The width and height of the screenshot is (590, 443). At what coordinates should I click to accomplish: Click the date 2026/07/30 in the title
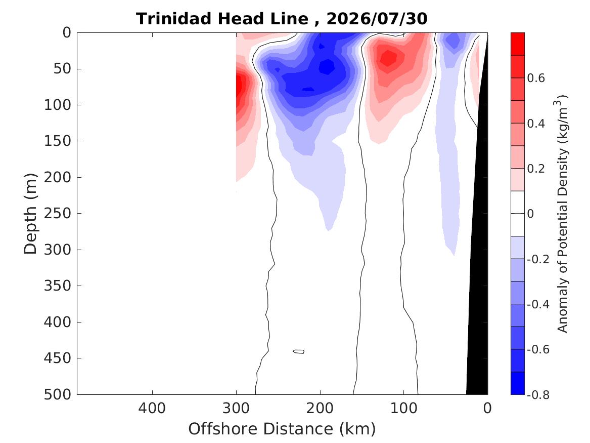click(x=377, y=19)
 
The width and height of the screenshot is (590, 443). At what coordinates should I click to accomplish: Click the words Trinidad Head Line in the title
click(x=222, y=19)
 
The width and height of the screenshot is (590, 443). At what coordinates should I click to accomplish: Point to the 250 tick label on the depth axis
click(x=58, y=214)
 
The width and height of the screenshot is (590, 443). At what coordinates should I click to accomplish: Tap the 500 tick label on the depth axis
click(x=58, y=394)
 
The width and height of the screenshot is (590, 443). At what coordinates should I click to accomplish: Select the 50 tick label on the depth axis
click(x=62, y=69)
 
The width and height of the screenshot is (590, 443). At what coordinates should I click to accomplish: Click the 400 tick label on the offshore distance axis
click(x=152, y=409)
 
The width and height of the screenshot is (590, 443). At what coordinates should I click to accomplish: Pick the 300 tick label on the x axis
click(x=236, y=409)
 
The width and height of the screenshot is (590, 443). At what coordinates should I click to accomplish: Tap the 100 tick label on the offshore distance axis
click(x=404, y=409)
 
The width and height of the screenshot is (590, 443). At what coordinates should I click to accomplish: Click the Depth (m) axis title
click(x=30, y=214)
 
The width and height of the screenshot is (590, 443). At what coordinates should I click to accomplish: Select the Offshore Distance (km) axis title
click(x=282, y=429)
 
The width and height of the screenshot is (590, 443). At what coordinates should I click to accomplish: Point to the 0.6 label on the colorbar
click(x=536, y=78)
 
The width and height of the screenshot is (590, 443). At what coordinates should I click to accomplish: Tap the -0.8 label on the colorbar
click(x=538, y=394)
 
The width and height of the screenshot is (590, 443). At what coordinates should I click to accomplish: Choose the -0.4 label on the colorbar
click(x=538, y=304)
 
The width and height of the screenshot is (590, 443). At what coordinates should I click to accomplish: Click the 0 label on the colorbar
click(x=530, y=214)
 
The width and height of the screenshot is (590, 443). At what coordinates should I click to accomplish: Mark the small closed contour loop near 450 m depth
click(x=299, y=351)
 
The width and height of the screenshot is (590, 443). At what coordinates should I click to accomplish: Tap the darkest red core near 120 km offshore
click(x=388, y=58)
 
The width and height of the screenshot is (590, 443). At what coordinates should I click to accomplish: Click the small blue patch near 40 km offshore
click(x=454, y=41)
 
